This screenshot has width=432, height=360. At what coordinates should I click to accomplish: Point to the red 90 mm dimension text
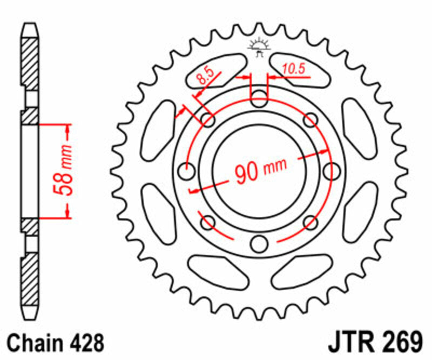(x=260, y=171)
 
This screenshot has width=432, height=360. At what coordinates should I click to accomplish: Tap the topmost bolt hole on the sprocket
(x=259, y=99)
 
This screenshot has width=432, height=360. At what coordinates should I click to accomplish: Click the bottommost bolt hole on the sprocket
(x=259, y=244)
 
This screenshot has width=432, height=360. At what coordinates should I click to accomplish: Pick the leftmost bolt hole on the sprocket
(x=187, y=172)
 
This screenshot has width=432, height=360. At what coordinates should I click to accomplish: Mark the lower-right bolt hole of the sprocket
(x=309, y=222)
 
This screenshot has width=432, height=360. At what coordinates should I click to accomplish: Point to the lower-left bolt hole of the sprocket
(x=208, y=222)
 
